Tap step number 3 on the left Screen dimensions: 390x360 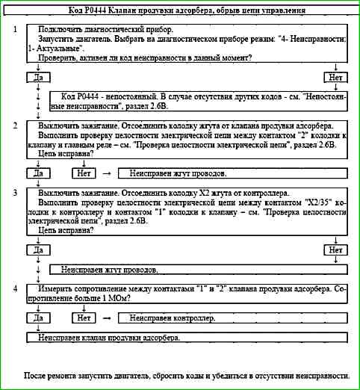tap(16, 193)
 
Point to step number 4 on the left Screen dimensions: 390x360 tap(16, 288)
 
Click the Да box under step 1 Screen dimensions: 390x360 tap(37, 77)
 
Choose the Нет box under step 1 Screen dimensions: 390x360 tap(336, 77)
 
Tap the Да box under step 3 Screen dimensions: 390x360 tap(37, 250)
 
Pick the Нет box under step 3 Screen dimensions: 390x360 tap(336, 250)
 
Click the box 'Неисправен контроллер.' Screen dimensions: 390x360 tap(172, 318)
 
